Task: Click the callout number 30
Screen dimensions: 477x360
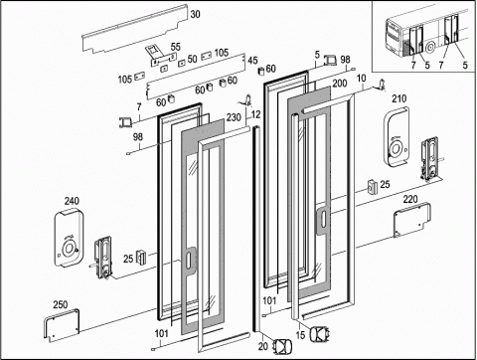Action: [x=196, y=14]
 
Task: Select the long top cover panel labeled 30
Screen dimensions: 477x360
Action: [x=135, y=29]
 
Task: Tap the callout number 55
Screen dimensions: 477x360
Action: [x=176, y=47]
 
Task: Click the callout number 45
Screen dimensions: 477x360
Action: [x=252, y=61]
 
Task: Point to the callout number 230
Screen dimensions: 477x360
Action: [x=234, y=117]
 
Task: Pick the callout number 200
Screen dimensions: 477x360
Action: [x=340, y=84]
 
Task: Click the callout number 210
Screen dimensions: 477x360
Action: [x=399, y=98]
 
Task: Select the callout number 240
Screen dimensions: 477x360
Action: [x=72, y=201]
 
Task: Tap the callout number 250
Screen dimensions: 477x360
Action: [x=61, y=304]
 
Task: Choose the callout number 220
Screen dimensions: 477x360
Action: [x=410, y=199]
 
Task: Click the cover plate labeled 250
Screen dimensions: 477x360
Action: [x=62, y=325]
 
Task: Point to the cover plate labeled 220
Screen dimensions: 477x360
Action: [x=412, y=220]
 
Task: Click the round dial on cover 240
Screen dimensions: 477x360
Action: [x=69, y=248]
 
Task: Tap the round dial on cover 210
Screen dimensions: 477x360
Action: [x=396, y=148]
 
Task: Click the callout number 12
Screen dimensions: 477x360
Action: [x=256, y=114]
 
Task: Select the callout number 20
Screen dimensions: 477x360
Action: [x=263, y=346]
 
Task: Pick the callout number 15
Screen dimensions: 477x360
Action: [x=300, y=335]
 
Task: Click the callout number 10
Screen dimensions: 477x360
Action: [x=362, y=79]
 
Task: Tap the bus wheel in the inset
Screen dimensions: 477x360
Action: [x=430, y=48]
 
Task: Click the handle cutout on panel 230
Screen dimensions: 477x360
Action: [x=188, y=261]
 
